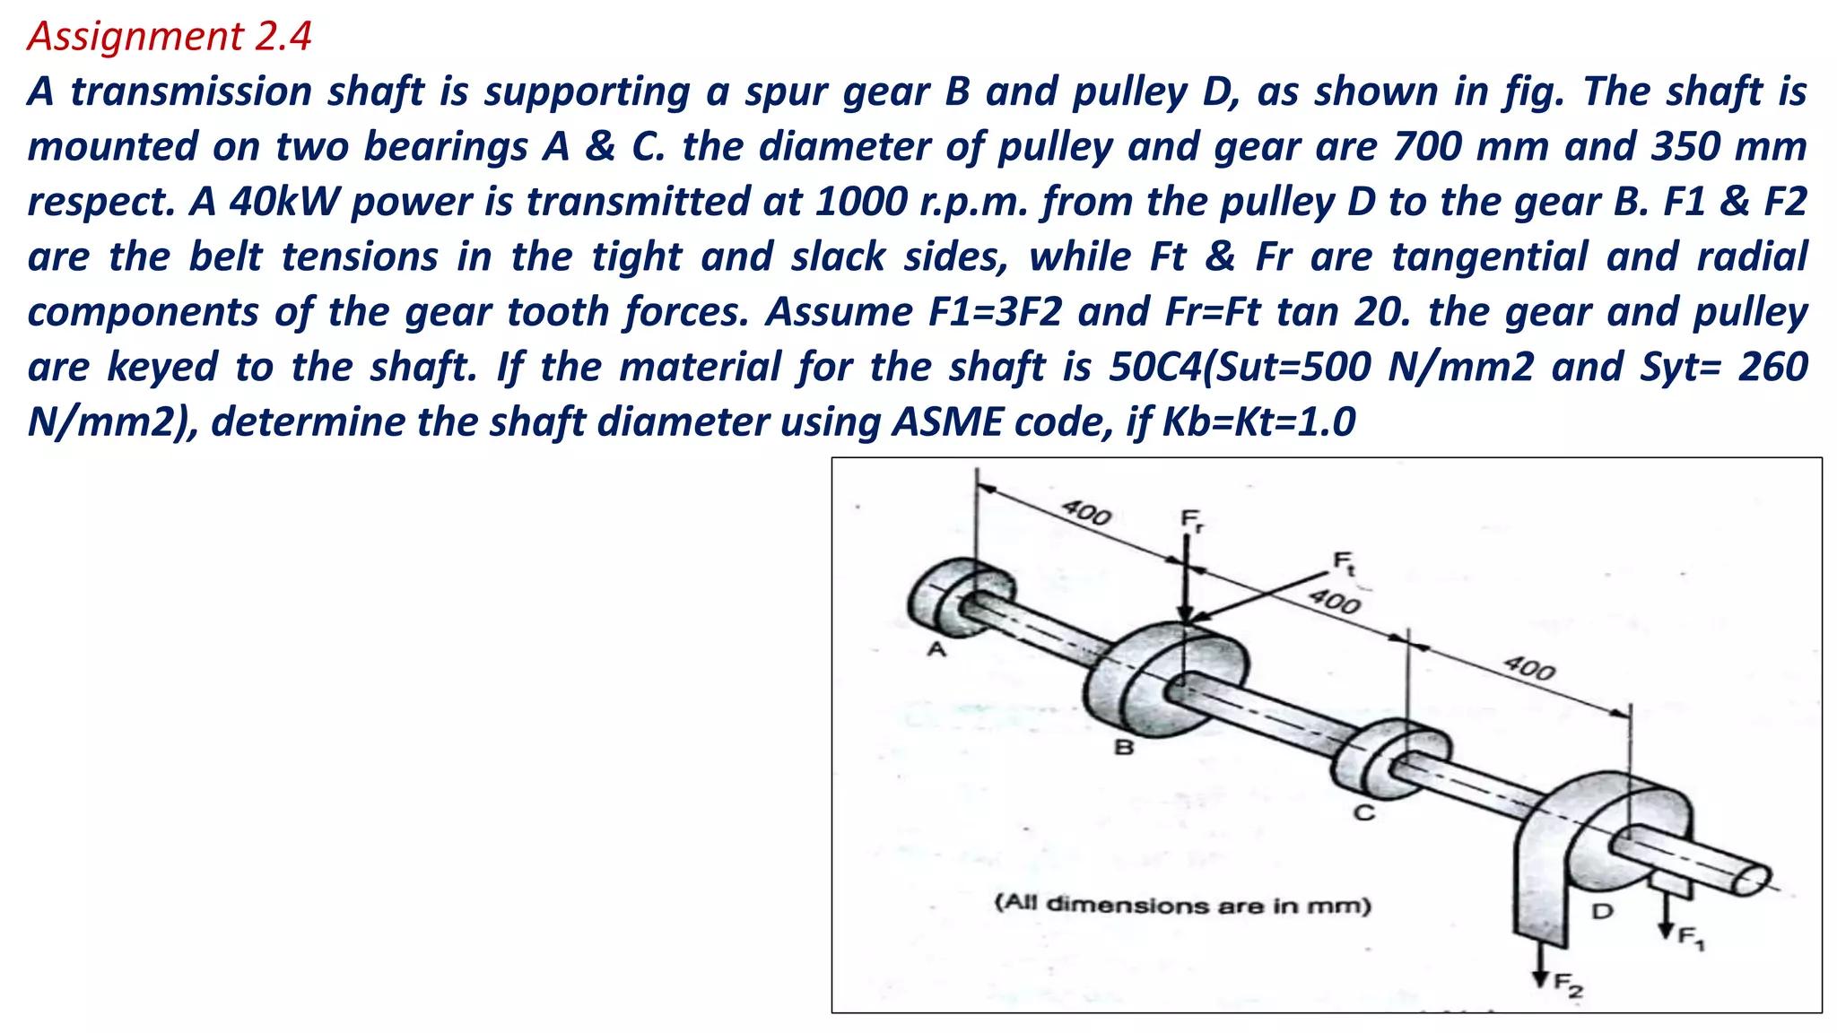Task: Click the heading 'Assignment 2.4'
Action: (x=170, y=37)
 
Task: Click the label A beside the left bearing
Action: (x=936, y=649)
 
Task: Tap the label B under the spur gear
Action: (x=1123, y=746)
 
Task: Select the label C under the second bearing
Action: (x=1363, y=813)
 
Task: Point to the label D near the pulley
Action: (x=1602, y=912)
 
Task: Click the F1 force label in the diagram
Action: (x=1692, y=939)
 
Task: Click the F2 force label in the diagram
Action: (x=1569, y=985)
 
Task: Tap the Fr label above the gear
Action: (x=1191, y=519)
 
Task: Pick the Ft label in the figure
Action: (x=1345, y=562)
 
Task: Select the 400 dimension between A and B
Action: (x=1086, y=513)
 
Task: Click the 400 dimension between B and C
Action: (x=1334, y=601)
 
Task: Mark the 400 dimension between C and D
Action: (x=1529, y=668)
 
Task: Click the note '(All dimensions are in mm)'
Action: (x=1183, y=904)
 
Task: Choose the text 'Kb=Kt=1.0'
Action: (x=1258, y=422)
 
